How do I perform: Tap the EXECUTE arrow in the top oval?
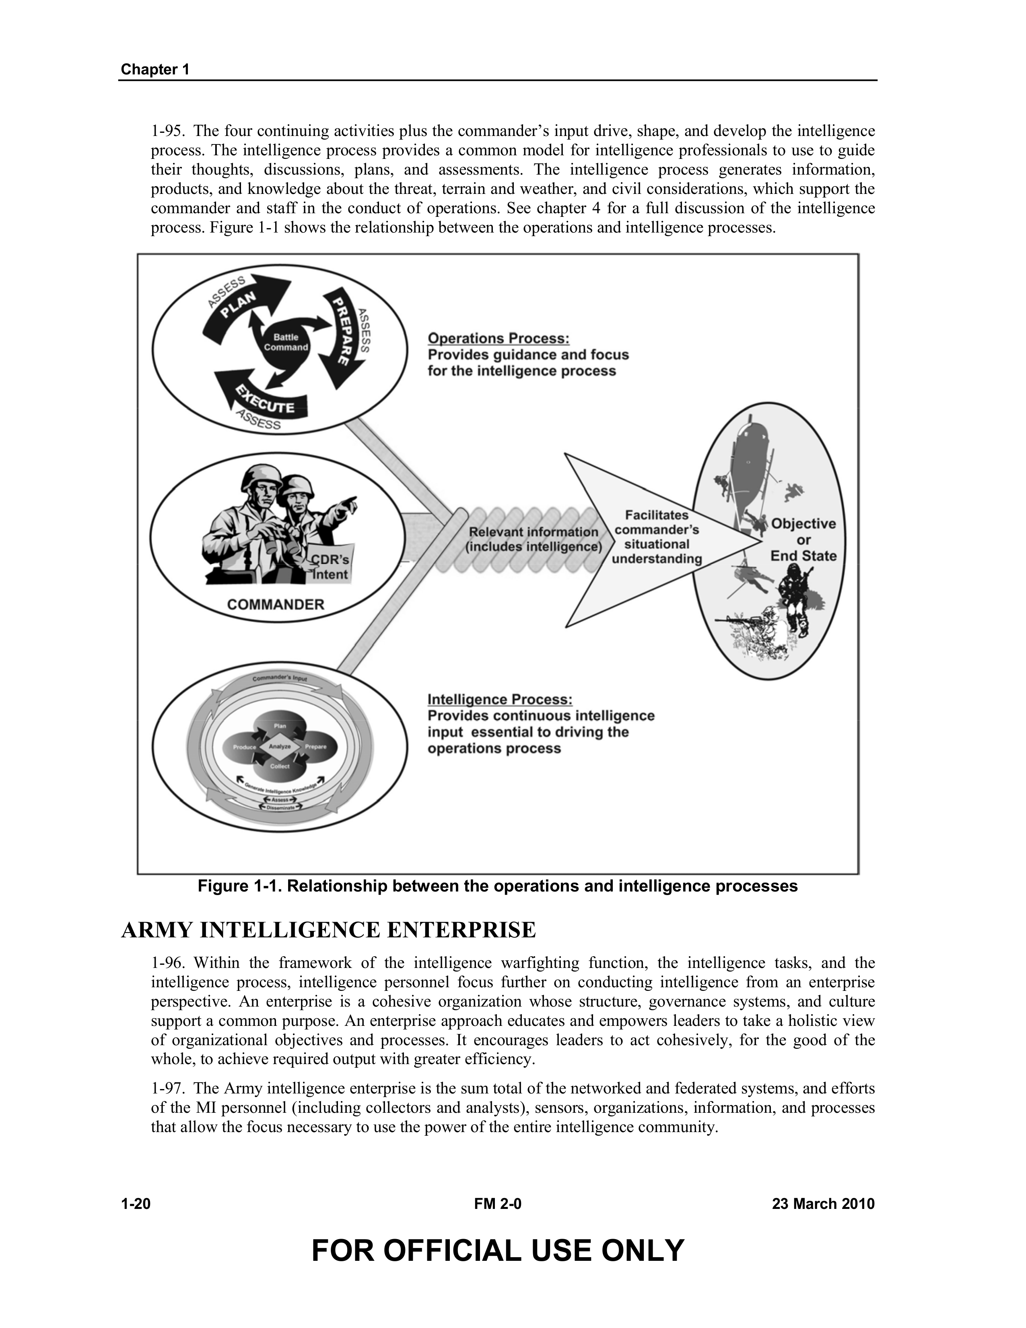262,399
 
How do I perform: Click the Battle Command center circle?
284,342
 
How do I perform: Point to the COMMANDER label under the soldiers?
276,604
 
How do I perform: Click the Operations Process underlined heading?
499,338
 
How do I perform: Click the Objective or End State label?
803,540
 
